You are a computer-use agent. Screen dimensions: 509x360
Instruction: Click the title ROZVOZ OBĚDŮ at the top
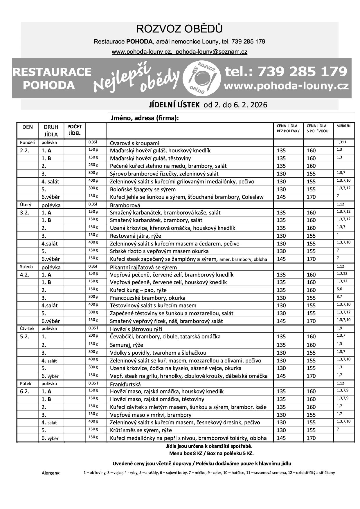click(179, 29)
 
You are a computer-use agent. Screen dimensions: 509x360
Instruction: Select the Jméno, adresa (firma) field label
click(144, 118)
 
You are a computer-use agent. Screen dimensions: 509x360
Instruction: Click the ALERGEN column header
click(343, 126)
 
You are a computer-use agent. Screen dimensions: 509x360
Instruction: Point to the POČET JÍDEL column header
click(74, 130)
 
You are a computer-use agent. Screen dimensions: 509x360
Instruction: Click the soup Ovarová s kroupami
click(134, 143)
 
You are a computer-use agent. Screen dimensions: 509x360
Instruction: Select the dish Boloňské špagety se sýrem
click(143, 189)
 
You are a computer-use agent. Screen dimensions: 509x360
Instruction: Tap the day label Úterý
click(25, 205)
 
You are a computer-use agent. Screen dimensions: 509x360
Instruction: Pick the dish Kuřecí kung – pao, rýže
click(138, 290)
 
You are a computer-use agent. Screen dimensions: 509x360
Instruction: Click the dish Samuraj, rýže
click(127, 345)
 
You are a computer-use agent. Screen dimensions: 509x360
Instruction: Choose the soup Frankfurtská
click(125, 384)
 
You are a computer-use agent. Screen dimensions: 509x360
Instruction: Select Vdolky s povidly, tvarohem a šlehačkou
click(158, 353)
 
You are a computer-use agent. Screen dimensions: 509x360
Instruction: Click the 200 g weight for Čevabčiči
click(93, 335)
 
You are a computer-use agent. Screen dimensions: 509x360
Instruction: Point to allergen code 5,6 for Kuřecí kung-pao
click(339, 289)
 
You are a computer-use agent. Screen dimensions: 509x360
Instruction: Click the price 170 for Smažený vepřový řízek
click(311, 321)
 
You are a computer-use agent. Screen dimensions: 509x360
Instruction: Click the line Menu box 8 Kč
click(211, 453)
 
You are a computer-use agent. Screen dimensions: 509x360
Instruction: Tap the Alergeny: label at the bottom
click(51, 473)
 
